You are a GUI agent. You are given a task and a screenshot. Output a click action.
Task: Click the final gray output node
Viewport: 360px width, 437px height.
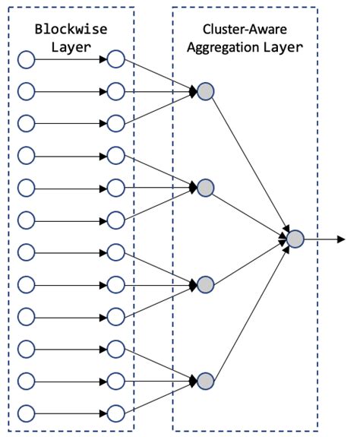coord(295,239)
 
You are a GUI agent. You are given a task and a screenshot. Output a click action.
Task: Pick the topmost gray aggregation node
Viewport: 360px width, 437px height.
coord(205,92)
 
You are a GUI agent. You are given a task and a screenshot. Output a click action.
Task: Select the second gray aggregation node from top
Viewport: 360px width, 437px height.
coord(205,187)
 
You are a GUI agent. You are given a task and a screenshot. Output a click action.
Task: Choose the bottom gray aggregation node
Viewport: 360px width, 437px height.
coord(205,379)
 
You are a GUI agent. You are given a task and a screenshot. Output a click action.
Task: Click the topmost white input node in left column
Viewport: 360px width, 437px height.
coord(27,59)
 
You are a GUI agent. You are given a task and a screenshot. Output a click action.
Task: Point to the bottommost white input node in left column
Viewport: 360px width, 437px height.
coord(27,413)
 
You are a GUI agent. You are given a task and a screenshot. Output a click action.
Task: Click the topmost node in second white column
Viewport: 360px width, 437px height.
coord(115,59)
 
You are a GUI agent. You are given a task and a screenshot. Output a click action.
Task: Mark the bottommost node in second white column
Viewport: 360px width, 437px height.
coord(115,413)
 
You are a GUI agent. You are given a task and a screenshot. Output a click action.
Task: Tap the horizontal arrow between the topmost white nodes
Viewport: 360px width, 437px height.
coord(70,59)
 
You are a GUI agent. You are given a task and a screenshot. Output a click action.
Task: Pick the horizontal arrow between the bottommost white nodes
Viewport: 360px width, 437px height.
coord(70,413)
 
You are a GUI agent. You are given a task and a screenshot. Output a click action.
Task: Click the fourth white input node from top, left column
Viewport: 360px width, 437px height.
coord(27,156)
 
